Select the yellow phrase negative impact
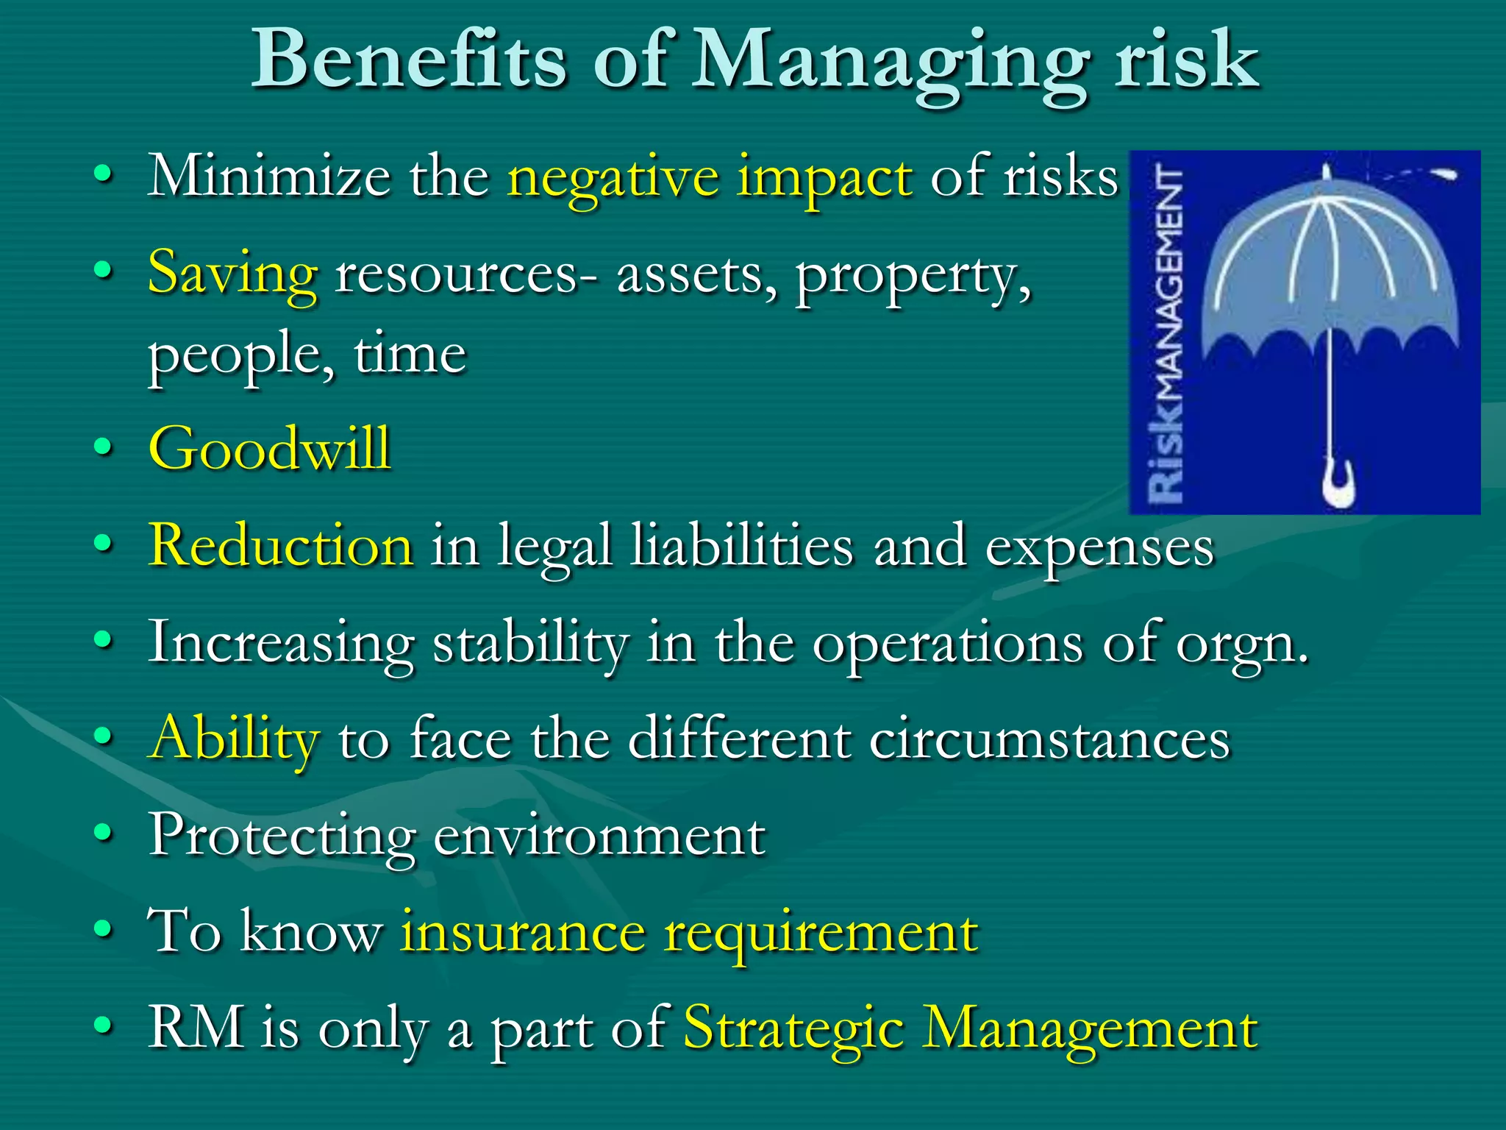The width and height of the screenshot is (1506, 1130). tap(710, 177)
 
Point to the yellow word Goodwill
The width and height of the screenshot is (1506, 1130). tap(269, 448)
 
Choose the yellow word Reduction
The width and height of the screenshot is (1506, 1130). tap(280, 546)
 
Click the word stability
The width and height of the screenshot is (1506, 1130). tap(530, 643)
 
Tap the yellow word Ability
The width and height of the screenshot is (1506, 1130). tap(234, 739)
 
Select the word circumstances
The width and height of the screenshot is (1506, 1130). tap(1049, 739)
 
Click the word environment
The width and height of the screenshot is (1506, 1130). tap(599, 836)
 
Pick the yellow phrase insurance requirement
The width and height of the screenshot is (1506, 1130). tap(688, 932)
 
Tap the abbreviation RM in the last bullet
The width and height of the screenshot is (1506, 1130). tap(196, 1027)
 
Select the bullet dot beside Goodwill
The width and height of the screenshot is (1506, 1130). tap(104, 446)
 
